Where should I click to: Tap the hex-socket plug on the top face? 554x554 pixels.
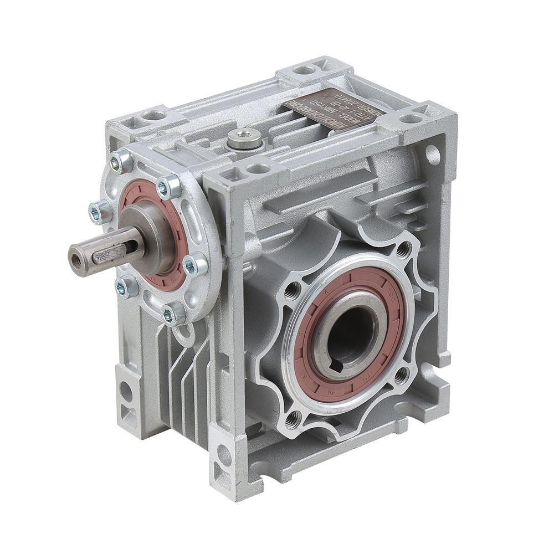(244, 139)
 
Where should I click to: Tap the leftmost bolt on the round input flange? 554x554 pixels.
(98, 212)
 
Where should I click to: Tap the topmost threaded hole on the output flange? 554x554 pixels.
(404, 250)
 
